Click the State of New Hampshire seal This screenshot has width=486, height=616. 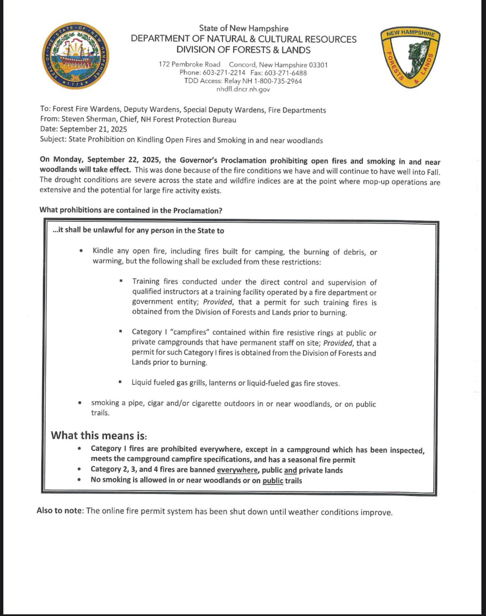point(76,56)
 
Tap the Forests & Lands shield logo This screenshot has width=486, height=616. point(410,58)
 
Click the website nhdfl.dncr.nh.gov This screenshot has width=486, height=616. point(243,89)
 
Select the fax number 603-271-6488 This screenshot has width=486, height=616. point(286,73)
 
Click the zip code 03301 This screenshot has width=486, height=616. point(318,65)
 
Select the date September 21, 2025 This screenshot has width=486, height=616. point(93,129)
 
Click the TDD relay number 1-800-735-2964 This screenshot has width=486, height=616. point(278,81)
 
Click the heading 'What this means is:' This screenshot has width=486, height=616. point(99,436)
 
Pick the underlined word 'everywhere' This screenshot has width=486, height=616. point(237,470)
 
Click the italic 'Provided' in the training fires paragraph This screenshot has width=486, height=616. point(218,302)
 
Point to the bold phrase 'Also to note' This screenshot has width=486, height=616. point(59,511)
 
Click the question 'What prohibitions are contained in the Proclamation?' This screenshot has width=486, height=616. point(131,210)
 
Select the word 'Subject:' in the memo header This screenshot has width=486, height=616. point(53,139)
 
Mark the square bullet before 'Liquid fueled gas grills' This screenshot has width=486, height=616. point(120,382)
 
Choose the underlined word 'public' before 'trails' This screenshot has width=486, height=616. point(272,481)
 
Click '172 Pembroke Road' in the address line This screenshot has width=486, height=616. point(189,65)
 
